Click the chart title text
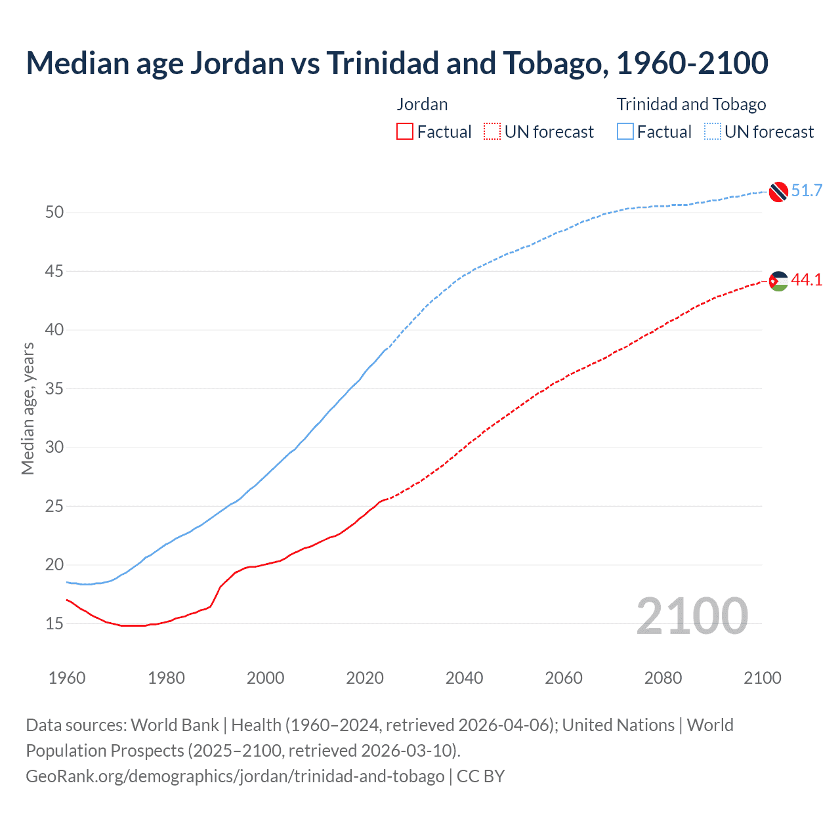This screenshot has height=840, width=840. point(396,63)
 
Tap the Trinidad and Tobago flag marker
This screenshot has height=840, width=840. point(778,191)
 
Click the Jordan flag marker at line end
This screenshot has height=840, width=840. point(778,281)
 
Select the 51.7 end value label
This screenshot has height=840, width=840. point(807,191)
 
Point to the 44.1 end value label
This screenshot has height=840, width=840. point(807,280)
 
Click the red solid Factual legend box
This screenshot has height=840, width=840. point(405,132)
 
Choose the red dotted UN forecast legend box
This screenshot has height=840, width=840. point(492,132)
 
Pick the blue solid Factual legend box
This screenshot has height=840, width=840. point(625,132)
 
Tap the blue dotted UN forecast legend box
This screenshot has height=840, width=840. point(712,132)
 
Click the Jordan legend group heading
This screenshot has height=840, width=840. point(422,104)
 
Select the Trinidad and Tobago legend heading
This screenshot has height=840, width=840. point(691,104)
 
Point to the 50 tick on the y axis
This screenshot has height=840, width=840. point(54,213)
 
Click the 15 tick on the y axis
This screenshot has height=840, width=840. point(54,623)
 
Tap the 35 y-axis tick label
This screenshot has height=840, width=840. point(54,388)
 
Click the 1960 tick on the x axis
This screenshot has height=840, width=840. point(67,678)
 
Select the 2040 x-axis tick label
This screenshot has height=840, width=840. point(464,678)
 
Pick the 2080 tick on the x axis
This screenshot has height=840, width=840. point(663,678)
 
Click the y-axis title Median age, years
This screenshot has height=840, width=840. point(28,408)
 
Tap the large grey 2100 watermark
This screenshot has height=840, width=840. point(692,616)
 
